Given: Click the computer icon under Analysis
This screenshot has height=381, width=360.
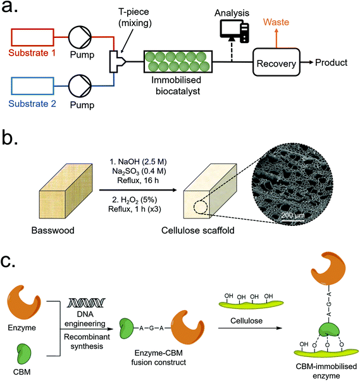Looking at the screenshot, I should [232, 29].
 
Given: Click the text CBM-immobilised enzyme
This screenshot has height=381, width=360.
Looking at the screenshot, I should [319, 370].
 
